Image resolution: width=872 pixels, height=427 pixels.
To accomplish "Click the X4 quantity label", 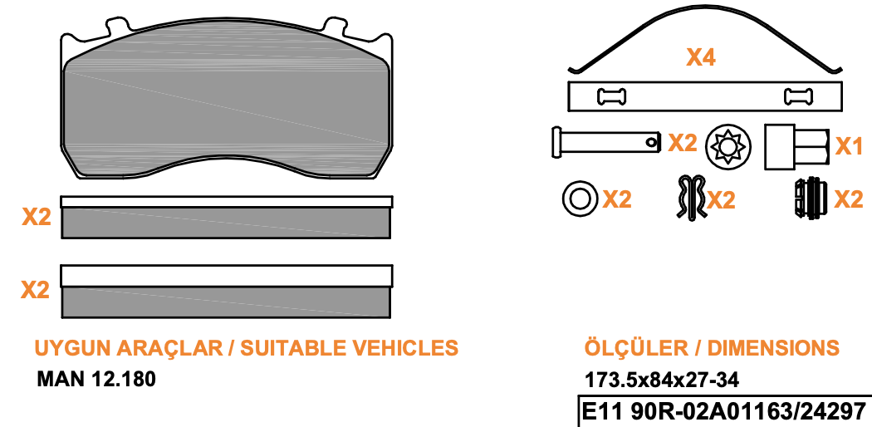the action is coord(701,57).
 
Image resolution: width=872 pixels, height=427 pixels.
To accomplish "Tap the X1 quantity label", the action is coord(850,146).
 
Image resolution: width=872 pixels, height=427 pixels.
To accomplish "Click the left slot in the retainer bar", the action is coord(611,96).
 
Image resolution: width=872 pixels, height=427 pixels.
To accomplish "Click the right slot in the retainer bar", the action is coord(798,96).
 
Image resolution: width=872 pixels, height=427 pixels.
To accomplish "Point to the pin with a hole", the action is coord(606,142).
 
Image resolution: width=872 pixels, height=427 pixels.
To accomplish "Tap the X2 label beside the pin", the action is coord(683,143).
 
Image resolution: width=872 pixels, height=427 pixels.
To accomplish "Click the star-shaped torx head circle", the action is coord(728,146).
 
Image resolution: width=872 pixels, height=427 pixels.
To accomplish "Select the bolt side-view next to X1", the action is coord(797,147).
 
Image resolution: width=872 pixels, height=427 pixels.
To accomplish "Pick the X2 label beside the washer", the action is coord(617,199).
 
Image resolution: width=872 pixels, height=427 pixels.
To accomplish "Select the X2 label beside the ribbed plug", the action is coord(849,199).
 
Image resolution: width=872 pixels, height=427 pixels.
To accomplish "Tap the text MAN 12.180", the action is coord(96,379).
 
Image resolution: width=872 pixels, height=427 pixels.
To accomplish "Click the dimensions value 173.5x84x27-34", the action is coord(662,380).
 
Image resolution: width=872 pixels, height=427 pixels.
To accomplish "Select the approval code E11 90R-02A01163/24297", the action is coord(724,412).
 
